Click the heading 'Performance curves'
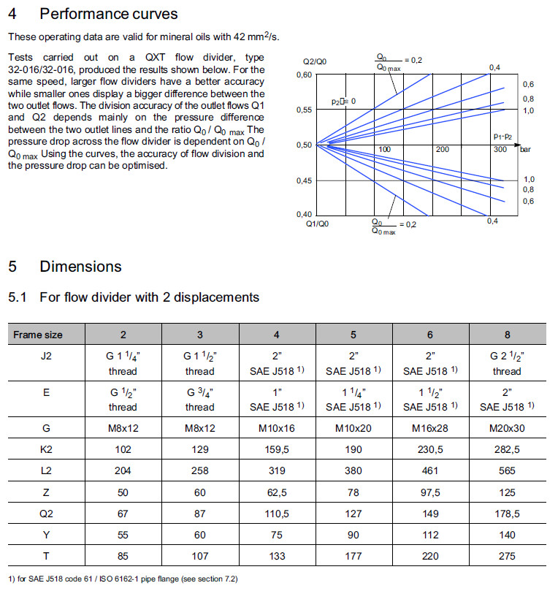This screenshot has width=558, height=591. pos(108,14)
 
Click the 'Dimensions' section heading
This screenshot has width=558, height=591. pos(80,267)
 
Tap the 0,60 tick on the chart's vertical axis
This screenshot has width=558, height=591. pos(305,75)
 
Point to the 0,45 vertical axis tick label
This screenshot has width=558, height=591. pos(305,180)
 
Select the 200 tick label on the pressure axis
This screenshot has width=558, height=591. pos(443,149)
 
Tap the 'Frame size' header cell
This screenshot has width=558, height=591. pos(38,335)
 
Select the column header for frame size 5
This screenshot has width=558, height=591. pos(353,335)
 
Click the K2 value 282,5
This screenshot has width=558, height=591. pos(507,449)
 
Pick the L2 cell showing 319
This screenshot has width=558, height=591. pos(277,470)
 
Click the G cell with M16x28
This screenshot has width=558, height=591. pos(430,428)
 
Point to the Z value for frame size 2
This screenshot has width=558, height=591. pos(123,492)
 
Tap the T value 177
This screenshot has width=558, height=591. pos(353,556)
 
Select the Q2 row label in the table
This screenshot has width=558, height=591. pos(46,514)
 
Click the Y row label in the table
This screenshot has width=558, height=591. pos(46,535)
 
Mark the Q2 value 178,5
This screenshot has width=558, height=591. pos(507,514)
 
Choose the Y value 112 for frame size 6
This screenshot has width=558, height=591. pos(430,535)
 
